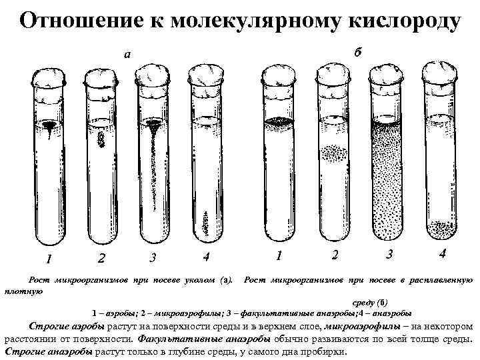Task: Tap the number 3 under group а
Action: (x=153, y=257)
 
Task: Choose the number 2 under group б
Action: (x=335, y=255)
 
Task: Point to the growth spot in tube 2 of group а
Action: (x=102, y=139)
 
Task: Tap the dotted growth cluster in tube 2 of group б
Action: (x=333, y=153)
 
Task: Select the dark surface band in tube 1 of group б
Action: (x=279, y=123)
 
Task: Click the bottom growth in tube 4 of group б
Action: (x=440, y=230)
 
